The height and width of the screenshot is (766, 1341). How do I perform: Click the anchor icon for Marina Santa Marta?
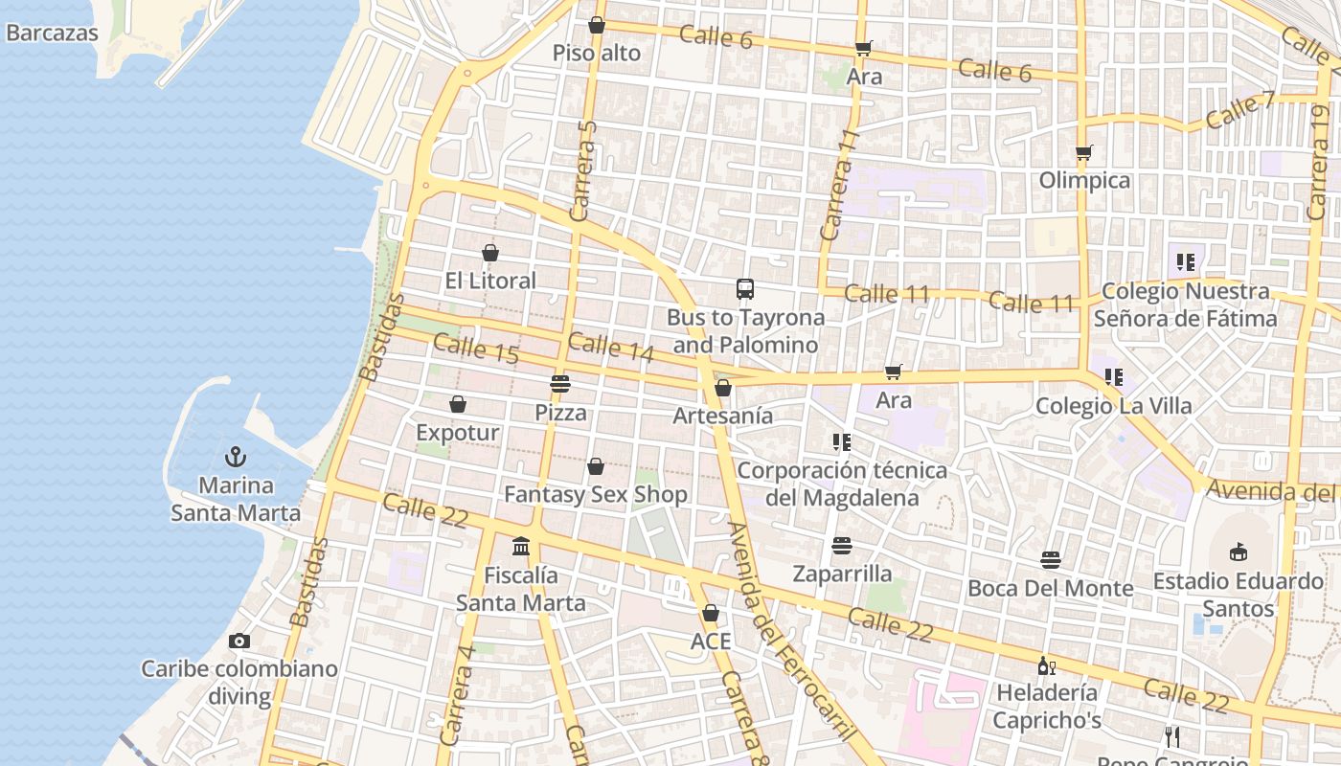tap(236, 457)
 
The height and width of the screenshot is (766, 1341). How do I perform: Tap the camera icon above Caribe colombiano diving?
tap(239, 641)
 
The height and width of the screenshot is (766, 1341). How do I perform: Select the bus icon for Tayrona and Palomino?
tap(745, 288)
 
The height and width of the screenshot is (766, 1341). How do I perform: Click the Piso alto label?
tap(597, 54)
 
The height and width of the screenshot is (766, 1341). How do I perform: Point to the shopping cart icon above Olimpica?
tap(1084, 152)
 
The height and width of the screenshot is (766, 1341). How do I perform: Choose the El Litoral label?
tap(490, 281)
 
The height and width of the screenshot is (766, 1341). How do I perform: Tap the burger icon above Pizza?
tap(560, 384)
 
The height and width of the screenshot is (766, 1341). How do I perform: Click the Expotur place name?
tap(458, 433)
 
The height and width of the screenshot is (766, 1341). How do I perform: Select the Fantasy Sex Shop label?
tap(596, 495)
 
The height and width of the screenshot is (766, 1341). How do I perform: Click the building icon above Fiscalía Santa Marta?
tap(521, 547)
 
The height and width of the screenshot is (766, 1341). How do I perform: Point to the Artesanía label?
tap(723, 416)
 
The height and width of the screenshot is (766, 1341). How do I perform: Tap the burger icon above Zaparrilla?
tap(842, 546)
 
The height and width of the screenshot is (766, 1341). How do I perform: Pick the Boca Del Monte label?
tap(1051, 588)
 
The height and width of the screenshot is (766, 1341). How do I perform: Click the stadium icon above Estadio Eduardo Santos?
tap(1239, 552)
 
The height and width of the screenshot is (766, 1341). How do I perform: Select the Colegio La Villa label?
tap(1114, 406)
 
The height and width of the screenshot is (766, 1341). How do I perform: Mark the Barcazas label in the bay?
tap(53, 33)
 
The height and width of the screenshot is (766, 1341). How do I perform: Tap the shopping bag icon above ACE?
tap(711, 613)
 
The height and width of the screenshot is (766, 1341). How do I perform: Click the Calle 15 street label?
tap(476, 349)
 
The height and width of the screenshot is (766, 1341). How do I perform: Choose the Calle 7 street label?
tap(1240, 110)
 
